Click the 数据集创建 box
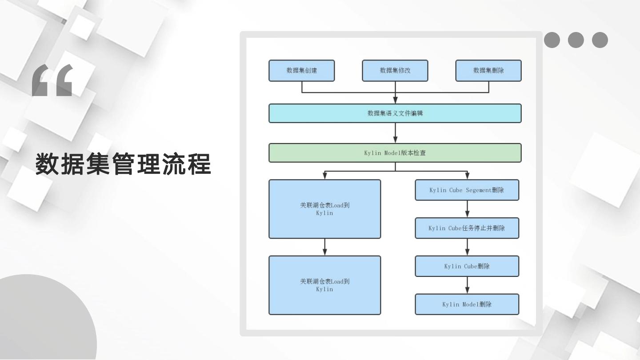coord(301,71)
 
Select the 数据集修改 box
coord(395,71)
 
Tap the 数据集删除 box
coord(488,71)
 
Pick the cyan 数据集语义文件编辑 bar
coord(395,113)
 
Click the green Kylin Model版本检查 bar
coord(395,153)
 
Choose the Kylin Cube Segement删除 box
coord(467,190)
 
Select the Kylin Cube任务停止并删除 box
coord(467,228)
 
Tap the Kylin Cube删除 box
coord(467,266)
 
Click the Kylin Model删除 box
coord(467,304)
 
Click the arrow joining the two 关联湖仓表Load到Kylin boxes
coord(325,247)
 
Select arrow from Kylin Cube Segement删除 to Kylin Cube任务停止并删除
coord(467,209)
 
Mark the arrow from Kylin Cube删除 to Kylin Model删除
coord(467,285)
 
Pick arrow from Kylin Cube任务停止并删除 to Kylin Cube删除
coord(467,247)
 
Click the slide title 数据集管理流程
coord(123,164)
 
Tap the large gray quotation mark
coord(52,81)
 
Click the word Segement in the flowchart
coord(477,190)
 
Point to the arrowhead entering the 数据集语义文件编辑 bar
coord(395,101)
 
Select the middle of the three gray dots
coord(576,40)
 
